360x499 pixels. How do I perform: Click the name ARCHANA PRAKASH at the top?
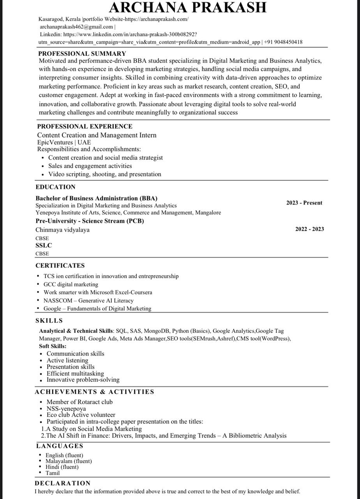187,7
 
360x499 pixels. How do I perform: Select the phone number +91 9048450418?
283,42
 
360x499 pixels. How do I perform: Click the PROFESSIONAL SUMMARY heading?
82,53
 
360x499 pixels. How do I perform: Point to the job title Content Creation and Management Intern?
97,135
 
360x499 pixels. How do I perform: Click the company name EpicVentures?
55,142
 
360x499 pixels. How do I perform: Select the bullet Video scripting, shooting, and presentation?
104,174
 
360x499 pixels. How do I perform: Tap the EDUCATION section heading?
55,187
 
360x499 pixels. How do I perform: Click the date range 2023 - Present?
304,203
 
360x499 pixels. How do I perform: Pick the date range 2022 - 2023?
309,229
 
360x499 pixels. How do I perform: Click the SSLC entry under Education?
44,245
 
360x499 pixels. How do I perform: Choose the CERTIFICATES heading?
60,265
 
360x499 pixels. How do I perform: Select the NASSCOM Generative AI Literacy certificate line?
88,301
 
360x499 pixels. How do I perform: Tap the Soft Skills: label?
53,346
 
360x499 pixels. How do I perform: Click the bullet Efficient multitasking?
75,373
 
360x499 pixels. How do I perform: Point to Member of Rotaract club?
79,402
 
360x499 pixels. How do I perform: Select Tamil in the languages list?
53,473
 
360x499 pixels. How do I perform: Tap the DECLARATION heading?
63,483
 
